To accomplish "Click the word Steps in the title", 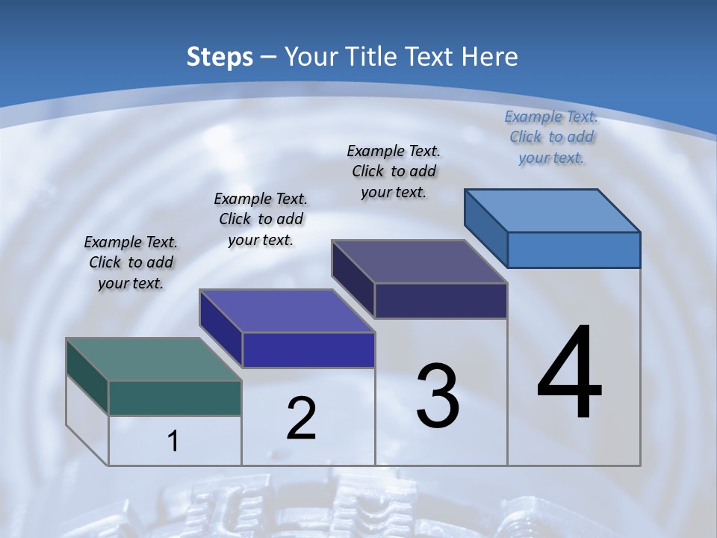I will click(220, 57).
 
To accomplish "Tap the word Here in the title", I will click(491, 57).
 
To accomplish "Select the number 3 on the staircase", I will click(438, 396).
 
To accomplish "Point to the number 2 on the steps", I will click(301, 418).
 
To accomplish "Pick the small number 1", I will click(173, 441).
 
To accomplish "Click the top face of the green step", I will click(153, 359).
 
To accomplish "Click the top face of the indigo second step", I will click(287, 311).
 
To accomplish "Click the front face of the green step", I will click(175, 398).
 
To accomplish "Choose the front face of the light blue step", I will click(574, 250).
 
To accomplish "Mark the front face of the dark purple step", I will click(441, 300).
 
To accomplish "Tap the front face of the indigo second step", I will click(308, 350).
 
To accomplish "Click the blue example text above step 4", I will click(551, 137).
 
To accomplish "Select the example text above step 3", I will click(394, 171).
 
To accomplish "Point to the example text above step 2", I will click(261, 219).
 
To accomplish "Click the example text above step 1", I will click(131, 262).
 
